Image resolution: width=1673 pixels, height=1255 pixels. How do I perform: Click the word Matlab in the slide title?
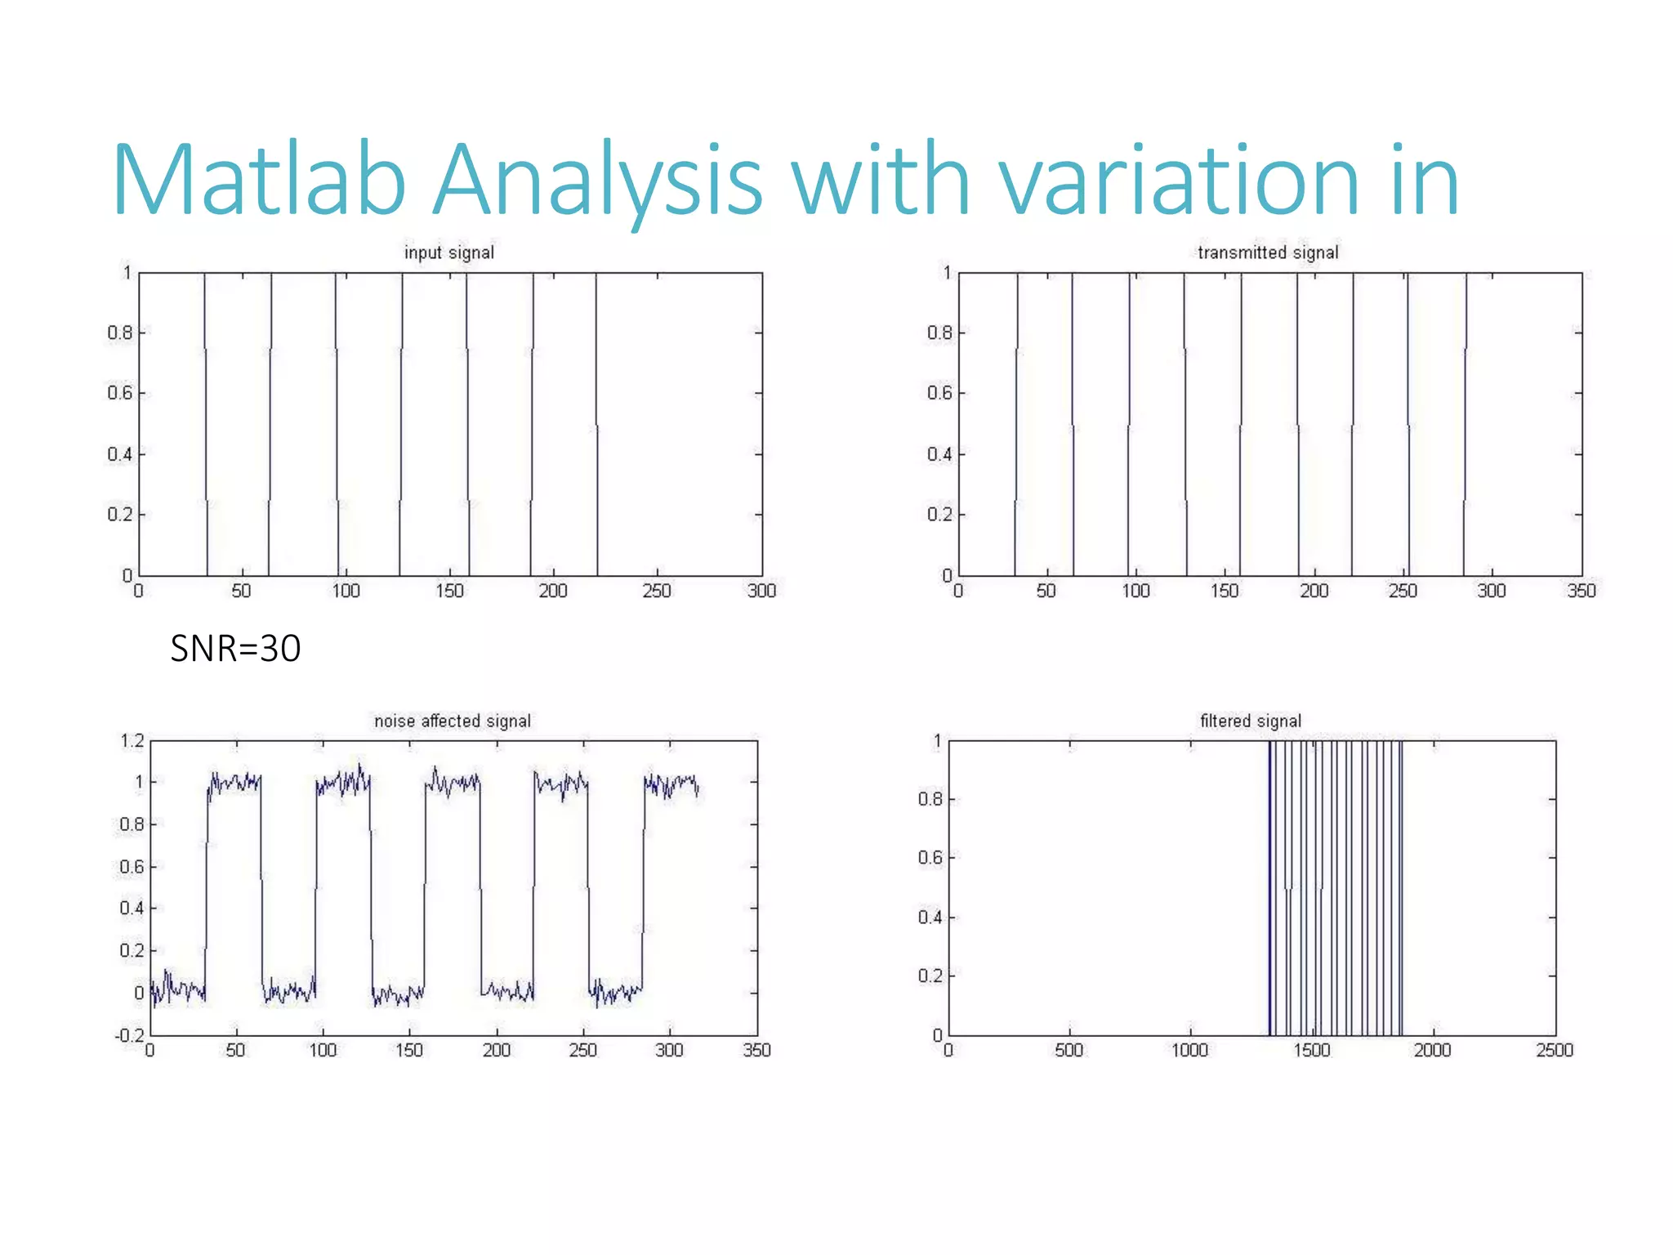pyautogui.click(x=259, y=181)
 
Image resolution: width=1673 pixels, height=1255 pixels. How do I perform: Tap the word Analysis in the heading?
pyautogui.click(x=597, y=181)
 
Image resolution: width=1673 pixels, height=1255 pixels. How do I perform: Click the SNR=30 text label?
pyautogui.click(x=235, y=649)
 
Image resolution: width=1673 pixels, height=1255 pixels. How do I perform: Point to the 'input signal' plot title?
pyautogui.click(x=449, y=252)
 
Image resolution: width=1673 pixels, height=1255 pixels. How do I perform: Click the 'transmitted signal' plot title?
pyautogui.click(x=1268, y=252)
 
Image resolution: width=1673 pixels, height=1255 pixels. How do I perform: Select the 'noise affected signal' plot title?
pyautogui.click(x=453, y=721)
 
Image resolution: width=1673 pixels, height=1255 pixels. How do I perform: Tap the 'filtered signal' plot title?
pyautogui.click(x=1251, y=721)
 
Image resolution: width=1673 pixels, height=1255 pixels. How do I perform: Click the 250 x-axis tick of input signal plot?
pyautogui.click(x=657, y=591)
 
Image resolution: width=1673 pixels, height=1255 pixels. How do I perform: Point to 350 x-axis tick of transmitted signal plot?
pyautogui.click(x=1581, y=591)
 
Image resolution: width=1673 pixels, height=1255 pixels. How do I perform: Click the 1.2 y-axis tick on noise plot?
pyautogui.click(x=132, y=741)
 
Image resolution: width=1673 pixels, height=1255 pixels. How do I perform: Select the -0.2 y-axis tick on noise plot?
pyautogui.click(x=129, y=1035)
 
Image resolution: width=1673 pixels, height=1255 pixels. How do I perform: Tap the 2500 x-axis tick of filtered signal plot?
pyautogui.click(x=1554, y=1050)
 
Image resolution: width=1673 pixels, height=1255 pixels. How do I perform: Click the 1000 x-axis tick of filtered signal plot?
pyautogui.click(x=1189, y=1050)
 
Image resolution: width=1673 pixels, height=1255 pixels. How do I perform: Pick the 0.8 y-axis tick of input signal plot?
pyautogui.click(x=119, y=333)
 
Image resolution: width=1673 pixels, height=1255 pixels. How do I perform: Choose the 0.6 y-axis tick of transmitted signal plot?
pyautogui.click(x=939, y=393)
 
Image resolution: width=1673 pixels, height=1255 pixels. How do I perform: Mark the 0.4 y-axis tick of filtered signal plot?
pyautogui.click(x=930, y=917)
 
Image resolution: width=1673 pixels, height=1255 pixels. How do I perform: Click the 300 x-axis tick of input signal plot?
pyautogui.click(x=761, y=591)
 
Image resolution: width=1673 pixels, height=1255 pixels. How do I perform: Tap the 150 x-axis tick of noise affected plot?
pyautogui.click(x=409, y=1050)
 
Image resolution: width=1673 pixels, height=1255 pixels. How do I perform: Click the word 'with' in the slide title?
pyautogui.click(x=881, y=181)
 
